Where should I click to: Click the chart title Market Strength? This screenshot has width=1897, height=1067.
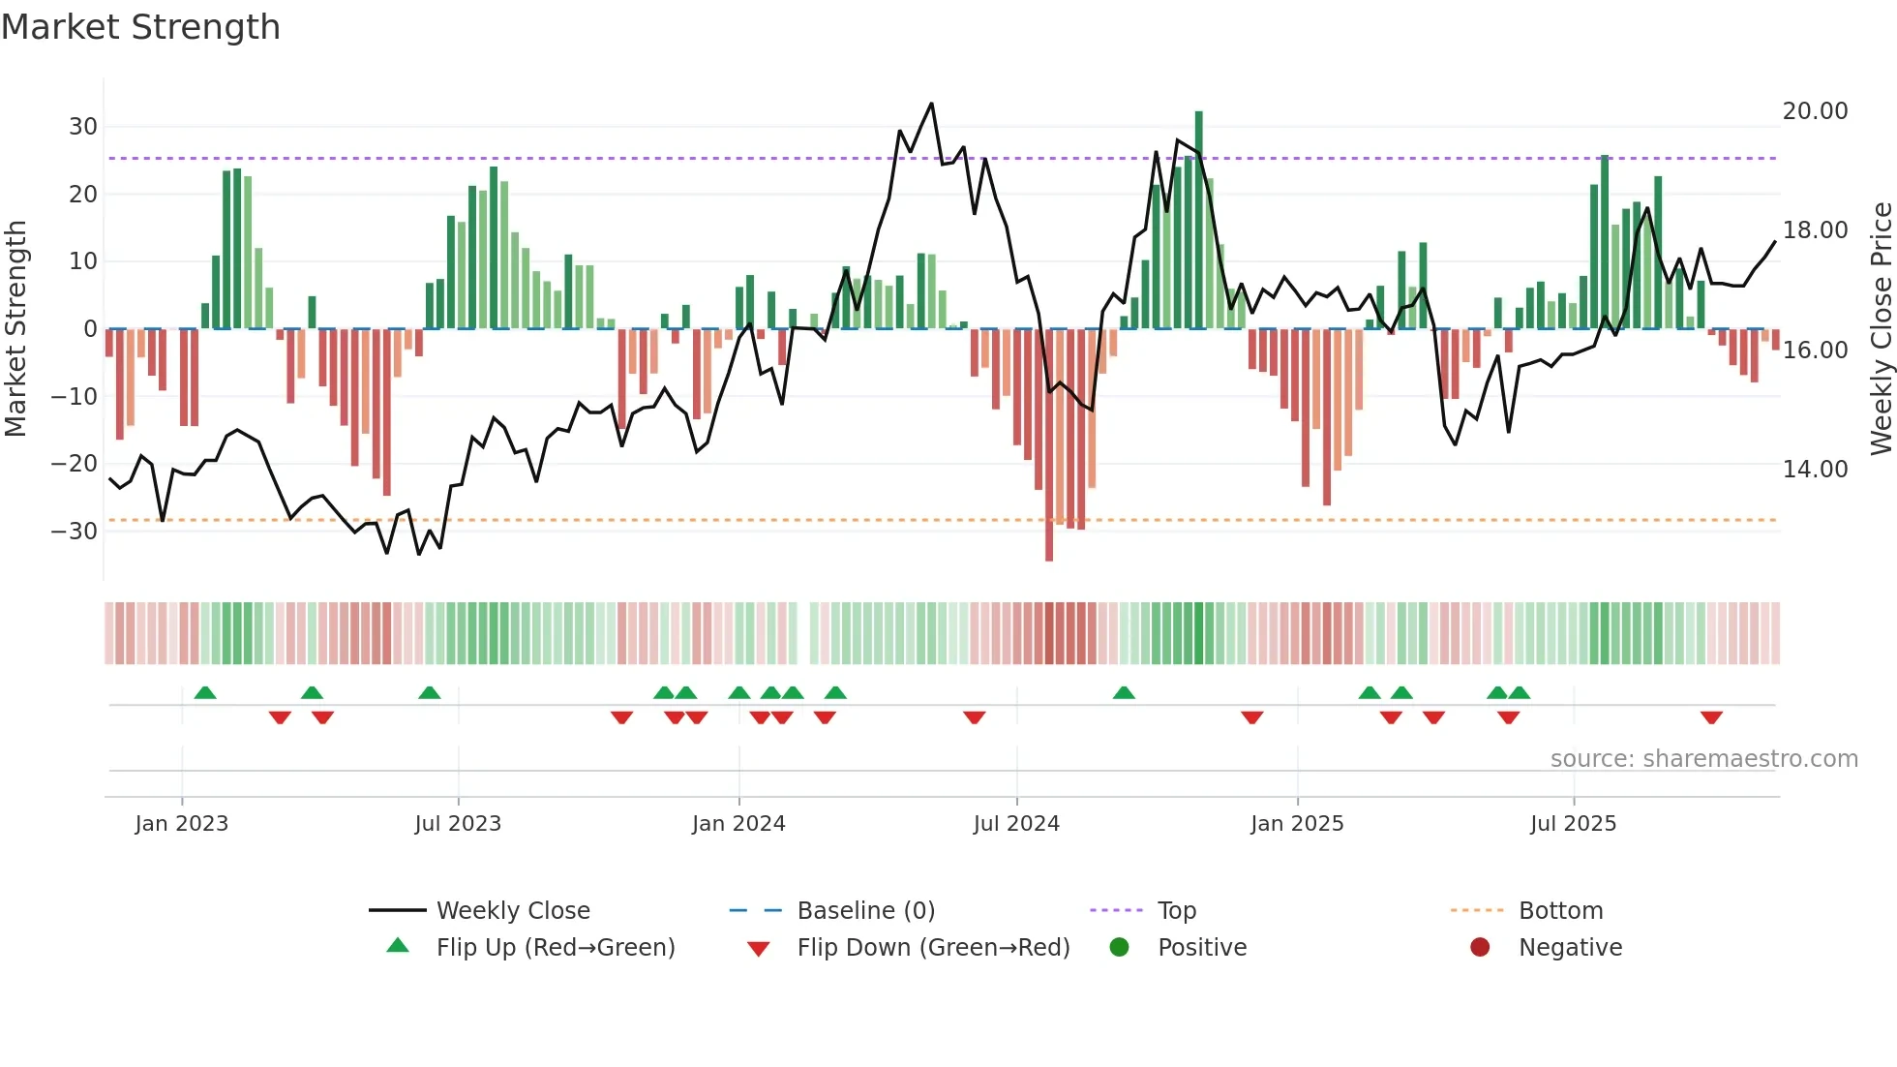pyautogui.click(x=140, y=27)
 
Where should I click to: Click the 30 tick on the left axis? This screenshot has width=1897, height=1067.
pyautogui.click(x=82, y=127)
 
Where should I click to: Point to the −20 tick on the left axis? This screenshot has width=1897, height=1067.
pyautogui.click(x=75, y=464)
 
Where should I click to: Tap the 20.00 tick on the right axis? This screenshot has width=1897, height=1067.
pyautogui.click(x=1815, y=111)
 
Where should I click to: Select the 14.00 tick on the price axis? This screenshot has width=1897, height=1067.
pyautogui.click(x=1815, y=470)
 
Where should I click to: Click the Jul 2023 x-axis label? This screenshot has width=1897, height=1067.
pyautogui.click(x=458, y=824)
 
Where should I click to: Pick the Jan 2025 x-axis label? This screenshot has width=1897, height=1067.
pyautogui.click(x=1297, y=824)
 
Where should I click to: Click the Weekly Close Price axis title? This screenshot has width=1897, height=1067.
pyautogui.click(x=1881, y=329)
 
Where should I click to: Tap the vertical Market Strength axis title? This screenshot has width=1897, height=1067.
pyautogui.click(x=15, y=329)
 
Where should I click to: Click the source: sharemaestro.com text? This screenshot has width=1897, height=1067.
pyautogui.click(x=1703, y=759)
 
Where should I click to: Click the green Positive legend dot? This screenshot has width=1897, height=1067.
pyautogui.click(x=1120, y=948)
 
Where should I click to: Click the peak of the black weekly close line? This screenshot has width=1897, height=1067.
pyautogui.click(x=931, y=104)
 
